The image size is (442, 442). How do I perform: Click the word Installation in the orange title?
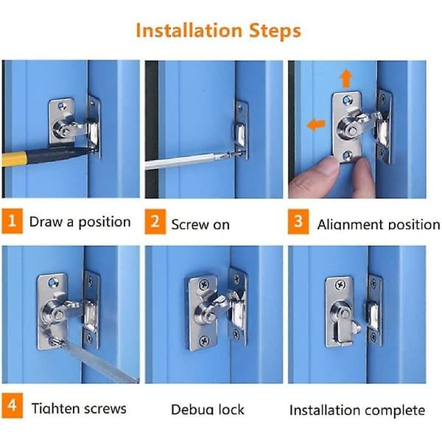[189, 30]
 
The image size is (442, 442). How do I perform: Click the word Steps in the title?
[275, 31]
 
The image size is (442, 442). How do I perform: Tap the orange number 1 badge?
[12, 221]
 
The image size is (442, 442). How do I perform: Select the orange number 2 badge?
[155, 222]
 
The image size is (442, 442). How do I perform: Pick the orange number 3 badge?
[298, 222]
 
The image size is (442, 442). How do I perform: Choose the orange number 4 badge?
[12, 406]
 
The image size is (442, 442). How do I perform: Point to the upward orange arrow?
[346, 78]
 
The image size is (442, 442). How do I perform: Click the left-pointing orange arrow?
[316, 124]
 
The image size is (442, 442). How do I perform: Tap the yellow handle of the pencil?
[14, 158]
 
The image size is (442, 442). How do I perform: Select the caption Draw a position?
[80, 222]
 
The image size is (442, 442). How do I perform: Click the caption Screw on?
[200, 225]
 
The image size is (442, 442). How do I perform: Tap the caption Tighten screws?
[79, 408]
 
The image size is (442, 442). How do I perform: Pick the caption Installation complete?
[357, 410]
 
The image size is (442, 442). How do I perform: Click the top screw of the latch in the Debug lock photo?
[204, 285]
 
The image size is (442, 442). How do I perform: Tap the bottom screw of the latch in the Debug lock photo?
[204, 341]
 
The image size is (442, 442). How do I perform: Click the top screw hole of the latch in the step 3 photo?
[347, 100]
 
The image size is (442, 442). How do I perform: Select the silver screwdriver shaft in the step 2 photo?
[184, 161]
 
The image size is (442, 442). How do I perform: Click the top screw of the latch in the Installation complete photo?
[341, 285]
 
